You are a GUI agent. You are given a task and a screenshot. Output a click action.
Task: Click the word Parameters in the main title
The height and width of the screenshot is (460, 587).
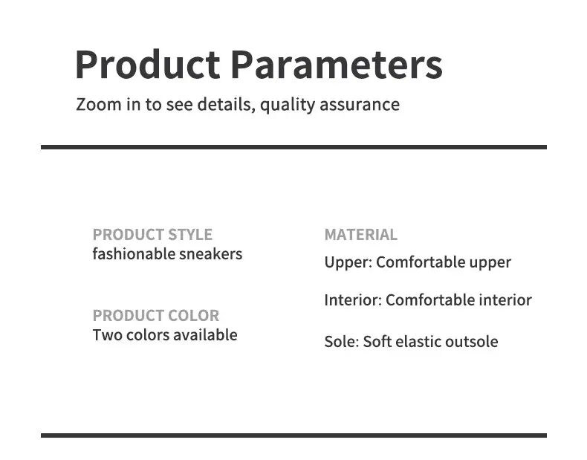(x=337, y=65)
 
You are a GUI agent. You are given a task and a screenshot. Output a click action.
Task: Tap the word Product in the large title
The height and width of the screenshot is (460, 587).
(x=148, y=65)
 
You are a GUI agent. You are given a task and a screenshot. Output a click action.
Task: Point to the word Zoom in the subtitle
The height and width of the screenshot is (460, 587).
(x=99, y=104)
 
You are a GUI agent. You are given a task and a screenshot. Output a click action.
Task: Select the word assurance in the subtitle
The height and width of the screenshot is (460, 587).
(x=360, y=105)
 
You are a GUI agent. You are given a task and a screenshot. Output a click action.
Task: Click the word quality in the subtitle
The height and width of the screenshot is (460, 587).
(x=288, y=105)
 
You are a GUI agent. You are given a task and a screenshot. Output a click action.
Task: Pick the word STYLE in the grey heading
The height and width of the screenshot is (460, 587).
(x=190, y=235)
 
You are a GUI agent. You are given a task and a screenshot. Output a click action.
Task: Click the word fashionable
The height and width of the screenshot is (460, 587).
(x=134, y=253)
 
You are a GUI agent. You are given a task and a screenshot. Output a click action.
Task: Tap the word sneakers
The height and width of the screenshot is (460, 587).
(x=211, y=254)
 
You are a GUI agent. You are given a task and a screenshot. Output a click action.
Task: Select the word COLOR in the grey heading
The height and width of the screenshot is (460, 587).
(x=193, y=316)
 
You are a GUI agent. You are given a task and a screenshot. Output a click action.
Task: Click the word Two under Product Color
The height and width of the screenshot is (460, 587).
(x=108, y=335)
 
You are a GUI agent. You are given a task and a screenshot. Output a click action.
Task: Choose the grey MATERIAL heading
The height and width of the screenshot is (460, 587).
(x=361, y=235)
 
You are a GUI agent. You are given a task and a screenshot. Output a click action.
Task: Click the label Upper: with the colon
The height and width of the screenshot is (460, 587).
(x=348, y=262)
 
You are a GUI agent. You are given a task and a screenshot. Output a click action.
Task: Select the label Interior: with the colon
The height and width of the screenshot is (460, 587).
(x=353, y=299)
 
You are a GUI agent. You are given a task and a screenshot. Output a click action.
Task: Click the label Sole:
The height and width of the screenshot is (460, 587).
(x=342, y=342)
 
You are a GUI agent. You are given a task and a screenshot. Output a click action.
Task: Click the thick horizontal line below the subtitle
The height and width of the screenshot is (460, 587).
(x=294, y=147)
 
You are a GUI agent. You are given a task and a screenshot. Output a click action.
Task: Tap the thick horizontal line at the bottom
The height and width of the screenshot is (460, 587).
(x=294, y=435)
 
